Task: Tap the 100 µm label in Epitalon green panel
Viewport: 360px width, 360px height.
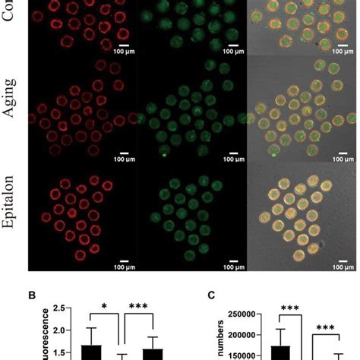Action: coord(226,267)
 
